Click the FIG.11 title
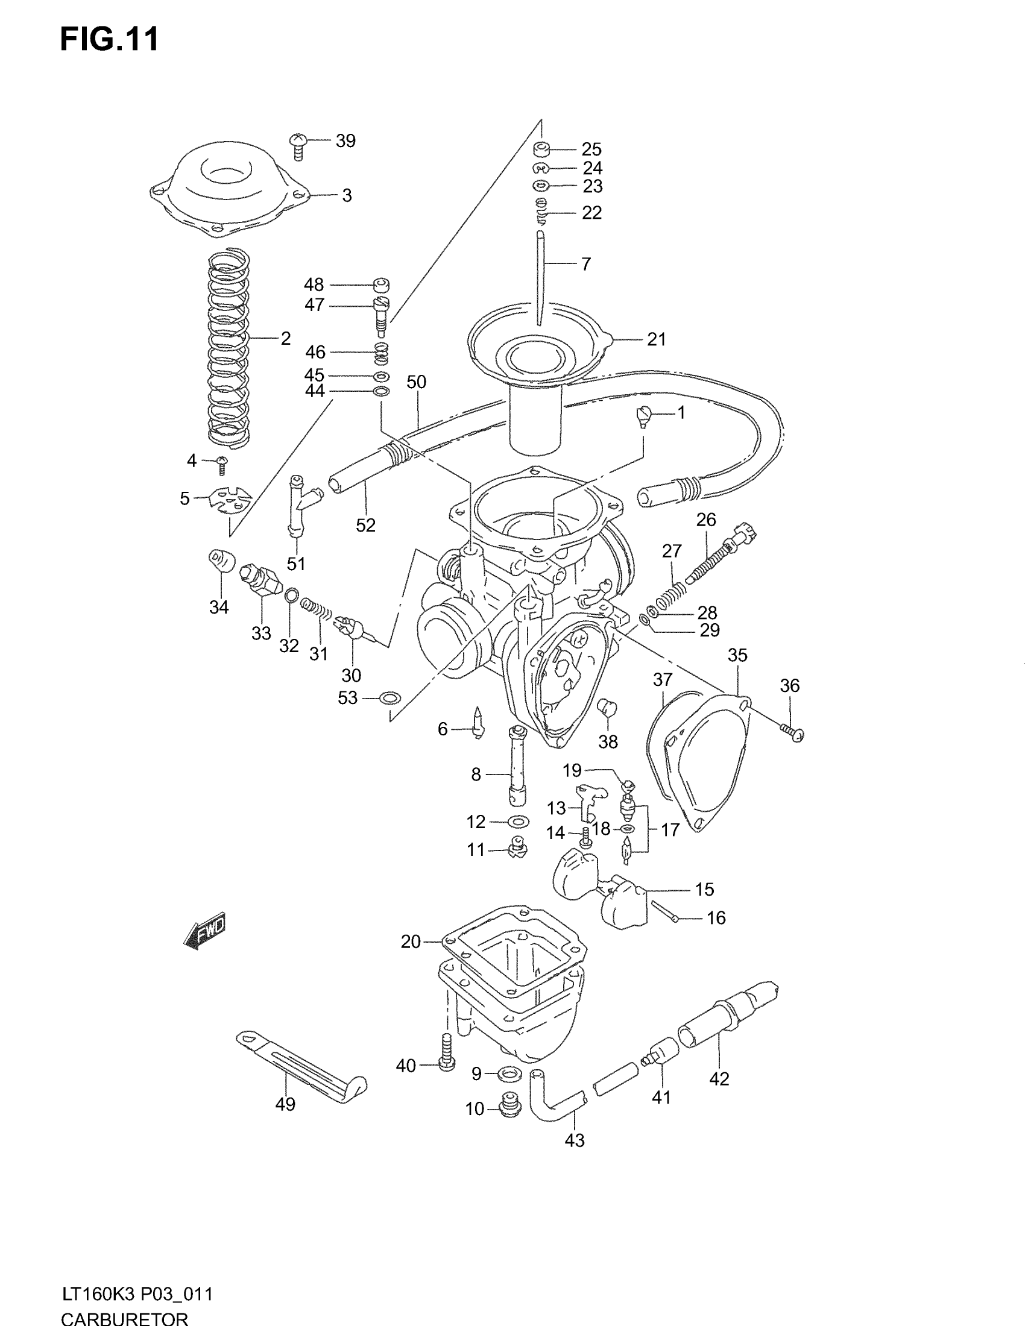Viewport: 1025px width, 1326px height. pos(110,39)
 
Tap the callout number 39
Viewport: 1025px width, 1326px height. pos(345,141)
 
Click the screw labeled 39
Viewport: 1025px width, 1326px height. pos(298,145)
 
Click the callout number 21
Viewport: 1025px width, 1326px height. pos(657,339)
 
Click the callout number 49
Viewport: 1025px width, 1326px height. pos(285,1104)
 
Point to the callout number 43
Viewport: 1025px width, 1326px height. pos(575,1141)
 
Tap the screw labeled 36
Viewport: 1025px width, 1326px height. pos(792,732)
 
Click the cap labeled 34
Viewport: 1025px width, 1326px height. pos(221,559)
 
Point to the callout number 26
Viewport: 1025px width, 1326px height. pos(706,520)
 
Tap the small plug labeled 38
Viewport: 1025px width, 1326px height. pos(608,708)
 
